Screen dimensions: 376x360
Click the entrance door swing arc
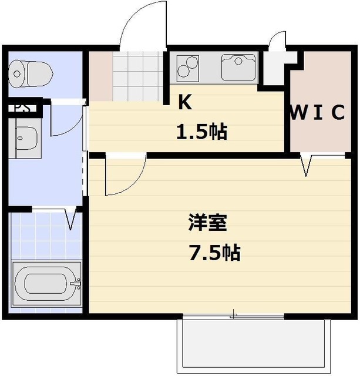coord(141,23)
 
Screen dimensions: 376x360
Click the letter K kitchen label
coord(185,103)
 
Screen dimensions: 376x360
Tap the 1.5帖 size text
coord(201,132)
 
